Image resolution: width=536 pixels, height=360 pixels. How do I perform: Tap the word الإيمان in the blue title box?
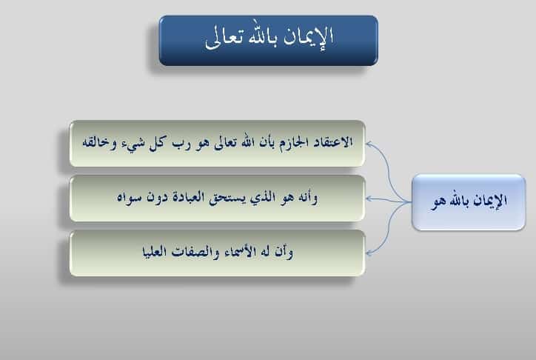coord(309,37)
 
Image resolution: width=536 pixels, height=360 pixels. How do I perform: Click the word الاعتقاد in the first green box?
coord(331,141)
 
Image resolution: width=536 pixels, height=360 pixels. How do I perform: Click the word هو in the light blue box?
coord(438,202)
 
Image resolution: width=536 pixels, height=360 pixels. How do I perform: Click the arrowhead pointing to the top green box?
coord(369,144)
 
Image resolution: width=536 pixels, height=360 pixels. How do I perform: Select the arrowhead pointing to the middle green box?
coord(369,199)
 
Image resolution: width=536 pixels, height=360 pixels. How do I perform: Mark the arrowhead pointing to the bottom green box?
coord(369,253)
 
